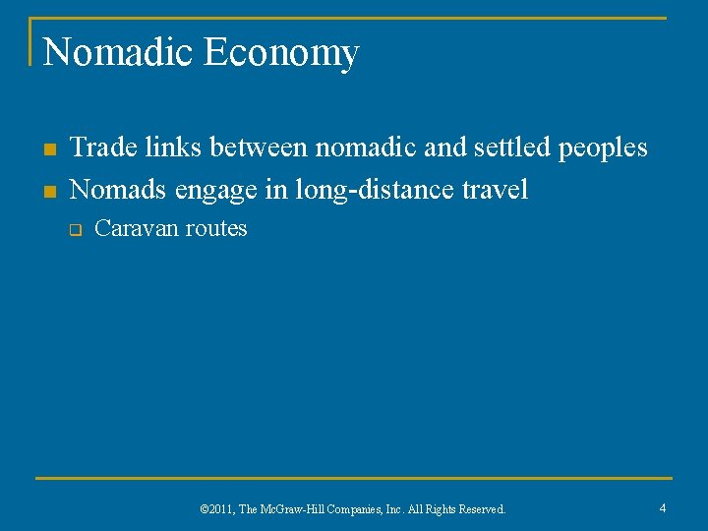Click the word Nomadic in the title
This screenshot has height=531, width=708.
[119, 52]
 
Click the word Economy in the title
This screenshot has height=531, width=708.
[281, 54]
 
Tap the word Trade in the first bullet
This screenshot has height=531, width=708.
[100, 147]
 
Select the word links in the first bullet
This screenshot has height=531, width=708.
[167, 147]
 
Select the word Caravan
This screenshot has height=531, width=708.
[137, 229]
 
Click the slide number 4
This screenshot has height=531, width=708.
[663, 507]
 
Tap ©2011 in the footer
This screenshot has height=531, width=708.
[218, 509]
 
